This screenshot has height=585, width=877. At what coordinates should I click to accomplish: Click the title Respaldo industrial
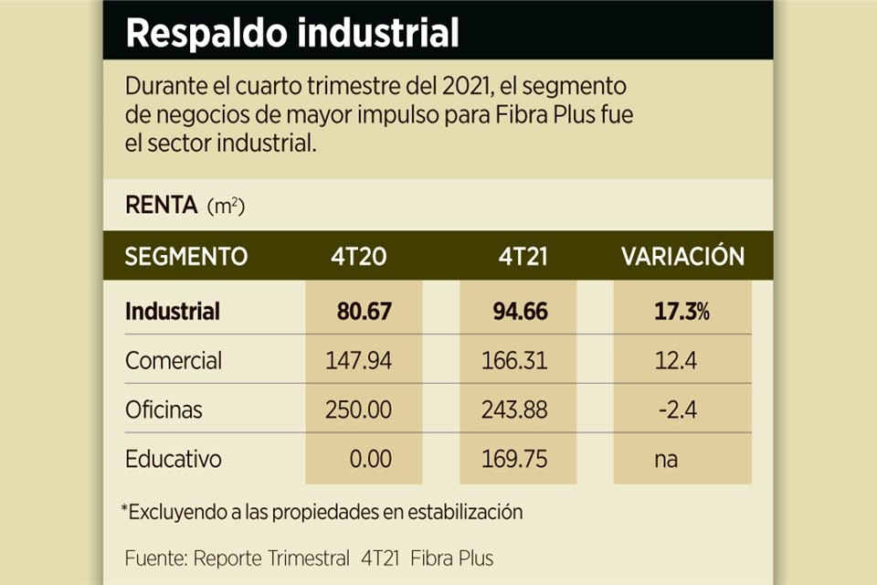pos(291,33)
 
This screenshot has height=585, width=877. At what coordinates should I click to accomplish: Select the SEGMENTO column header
pos(185,257)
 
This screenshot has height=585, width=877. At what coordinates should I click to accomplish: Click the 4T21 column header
pos(518,257)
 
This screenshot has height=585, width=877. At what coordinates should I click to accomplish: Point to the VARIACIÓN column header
pos(682,257)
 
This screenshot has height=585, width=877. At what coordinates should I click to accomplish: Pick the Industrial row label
pos(173,311)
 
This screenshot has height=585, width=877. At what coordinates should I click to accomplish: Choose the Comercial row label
pos(174,360)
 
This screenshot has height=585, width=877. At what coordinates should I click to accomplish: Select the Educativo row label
pos(174,458)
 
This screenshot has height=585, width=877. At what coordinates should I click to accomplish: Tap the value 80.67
pos(364,311)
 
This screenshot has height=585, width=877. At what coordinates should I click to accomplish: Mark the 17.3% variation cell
pos(682,311)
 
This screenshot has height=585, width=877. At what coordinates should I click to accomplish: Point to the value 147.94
pos(358,360)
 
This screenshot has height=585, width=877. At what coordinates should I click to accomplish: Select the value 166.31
pos(514,360)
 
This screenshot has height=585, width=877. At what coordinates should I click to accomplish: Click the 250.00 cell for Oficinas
pos(358,409)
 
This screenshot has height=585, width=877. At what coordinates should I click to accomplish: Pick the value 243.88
pos(514,409)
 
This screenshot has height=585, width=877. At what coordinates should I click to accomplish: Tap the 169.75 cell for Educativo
pos(514,458)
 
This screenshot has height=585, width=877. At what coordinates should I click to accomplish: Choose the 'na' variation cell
pos(666,458)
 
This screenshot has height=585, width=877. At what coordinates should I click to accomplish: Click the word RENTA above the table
pos(161,206)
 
